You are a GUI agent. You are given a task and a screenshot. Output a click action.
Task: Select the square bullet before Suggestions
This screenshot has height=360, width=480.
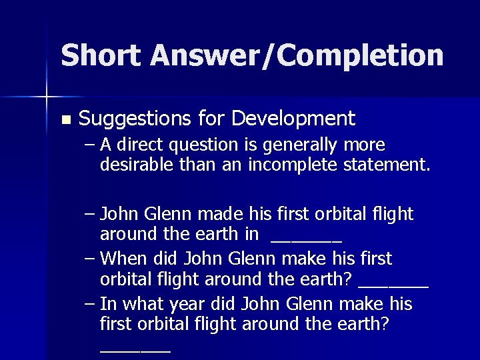[65, 121]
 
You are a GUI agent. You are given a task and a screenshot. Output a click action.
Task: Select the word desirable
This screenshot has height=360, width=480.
[131, 164]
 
